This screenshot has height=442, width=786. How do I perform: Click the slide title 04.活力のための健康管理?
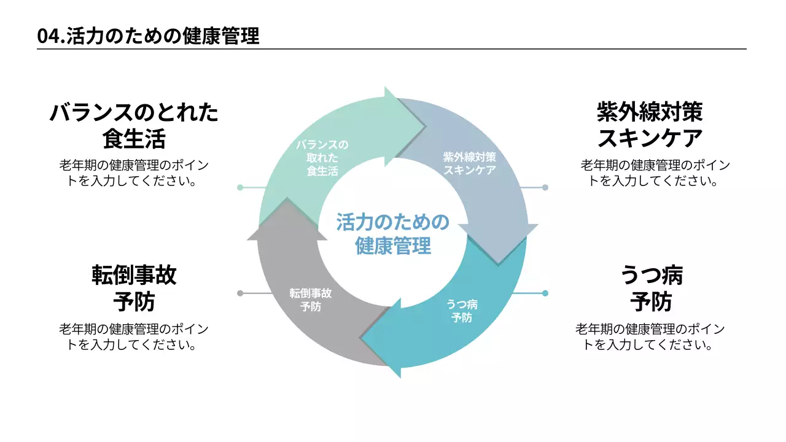[148, 36]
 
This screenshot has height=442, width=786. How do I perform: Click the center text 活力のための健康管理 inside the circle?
[393, 234]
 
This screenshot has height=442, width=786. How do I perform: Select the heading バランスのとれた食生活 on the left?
[134, 125]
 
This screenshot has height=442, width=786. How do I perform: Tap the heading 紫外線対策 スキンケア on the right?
[650, 125]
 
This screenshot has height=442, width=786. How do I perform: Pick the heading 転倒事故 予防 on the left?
[134, 288]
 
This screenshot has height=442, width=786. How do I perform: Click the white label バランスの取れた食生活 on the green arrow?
[322, 158]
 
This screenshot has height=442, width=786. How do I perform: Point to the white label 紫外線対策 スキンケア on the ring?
[469, 163]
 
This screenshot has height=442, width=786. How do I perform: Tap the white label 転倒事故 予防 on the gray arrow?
[311, 300]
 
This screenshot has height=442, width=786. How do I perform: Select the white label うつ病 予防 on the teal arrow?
[462, 311]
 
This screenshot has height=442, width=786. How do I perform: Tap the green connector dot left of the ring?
[240, 187]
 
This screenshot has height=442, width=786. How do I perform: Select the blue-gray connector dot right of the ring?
[545, 187]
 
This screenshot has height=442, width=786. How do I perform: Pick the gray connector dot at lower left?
[240, 293]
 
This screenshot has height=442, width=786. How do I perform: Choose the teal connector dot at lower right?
[545, 293]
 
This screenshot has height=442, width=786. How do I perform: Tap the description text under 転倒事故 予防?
[134, 337]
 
